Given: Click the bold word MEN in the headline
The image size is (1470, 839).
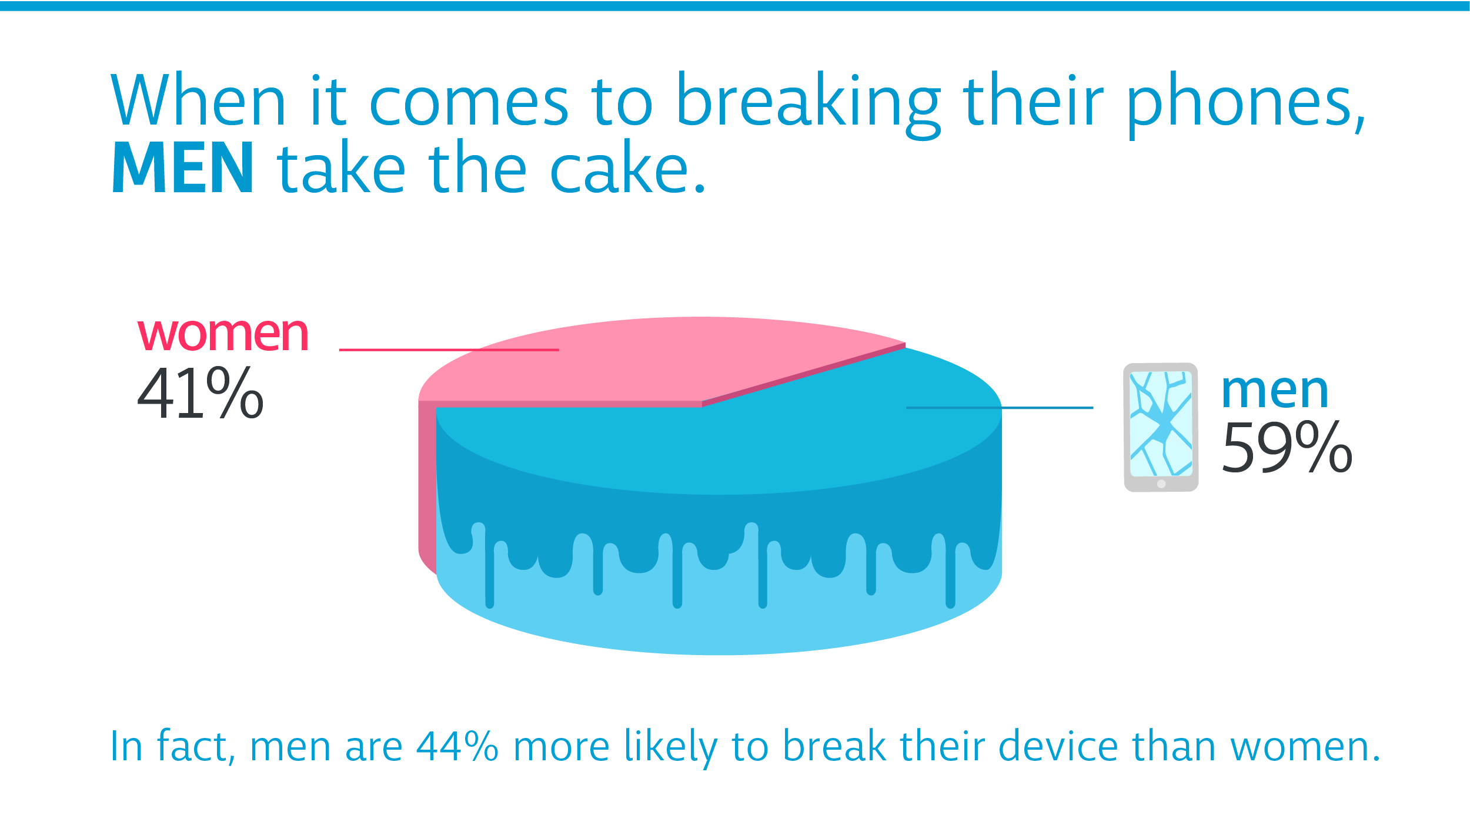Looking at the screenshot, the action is (183, 167).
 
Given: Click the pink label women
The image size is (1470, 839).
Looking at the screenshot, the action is (223, 334).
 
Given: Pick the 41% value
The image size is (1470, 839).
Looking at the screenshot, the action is (201, 392).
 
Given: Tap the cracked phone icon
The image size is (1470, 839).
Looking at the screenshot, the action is (1161, 427).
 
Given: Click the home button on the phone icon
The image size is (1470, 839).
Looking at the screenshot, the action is (1161, 484).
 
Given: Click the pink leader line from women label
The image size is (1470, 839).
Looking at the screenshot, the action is (449, 350).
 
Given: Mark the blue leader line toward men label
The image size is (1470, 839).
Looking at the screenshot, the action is (1000, 408).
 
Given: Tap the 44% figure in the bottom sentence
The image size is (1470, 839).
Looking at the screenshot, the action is (457, 747).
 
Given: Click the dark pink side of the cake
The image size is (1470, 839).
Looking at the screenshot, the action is (427, 482).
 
